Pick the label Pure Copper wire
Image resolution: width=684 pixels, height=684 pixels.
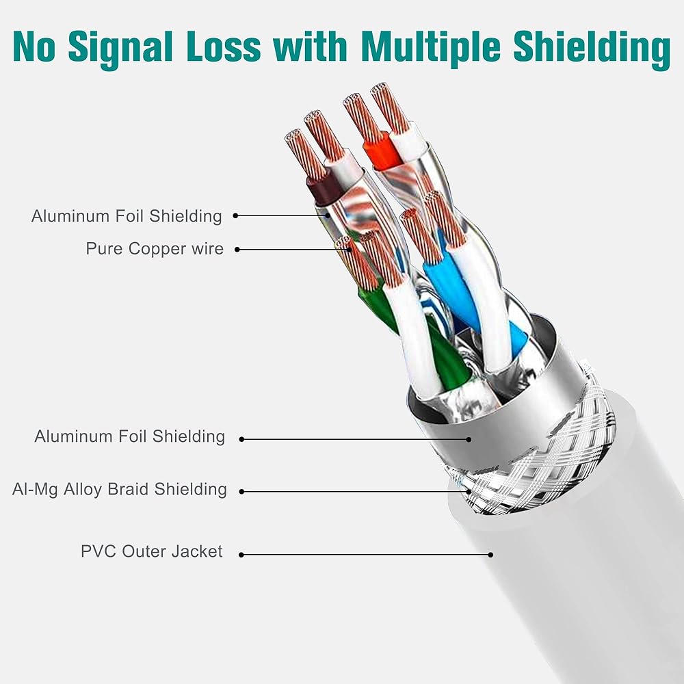(155, 249)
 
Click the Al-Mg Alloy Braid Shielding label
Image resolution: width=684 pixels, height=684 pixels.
(119, 490)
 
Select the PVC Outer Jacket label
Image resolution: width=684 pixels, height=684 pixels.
(151, 551)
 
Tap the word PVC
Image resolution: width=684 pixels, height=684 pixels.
(98, 551)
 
